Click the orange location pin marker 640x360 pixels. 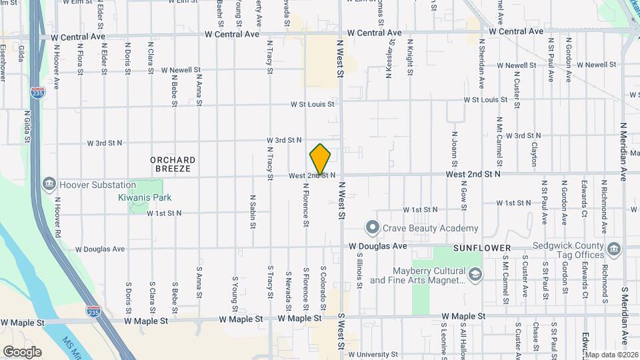pos(320,160)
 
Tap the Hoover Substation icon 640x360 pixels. pos(49,184)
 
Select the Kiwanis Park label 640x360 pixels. pos(145,197)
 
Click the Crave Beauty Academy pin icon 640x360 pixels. pos(373,228)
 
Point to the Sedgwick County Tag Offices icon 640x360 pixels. pos(614,250)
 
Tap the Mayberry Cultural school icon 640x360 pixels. pos(475,275)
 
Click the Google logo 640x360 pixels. pos(22,352)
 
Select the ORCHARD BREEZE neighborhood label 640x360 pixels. pos(173,164)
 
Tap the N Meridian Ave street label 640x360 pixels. pos(624,152)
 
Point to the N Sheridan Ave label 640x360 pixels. pos(481,63)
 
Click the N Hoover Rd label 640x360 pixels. pos(58,217)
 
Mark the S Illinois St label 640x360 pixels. pos(359,270)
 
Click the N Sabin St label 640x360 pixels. pos(253,211)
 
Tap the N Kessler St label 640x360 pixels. pos(389,59)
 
